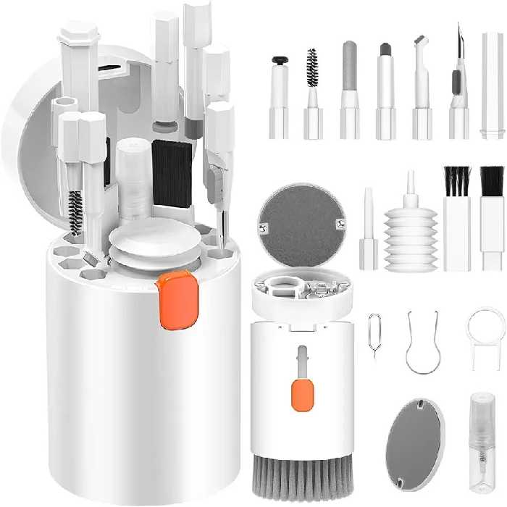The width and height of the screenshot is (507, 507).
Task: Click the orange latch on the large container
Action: click(x=176, y=299)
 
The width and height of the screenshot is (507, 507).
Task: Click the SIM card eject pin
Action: click(x=374, y=335)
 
